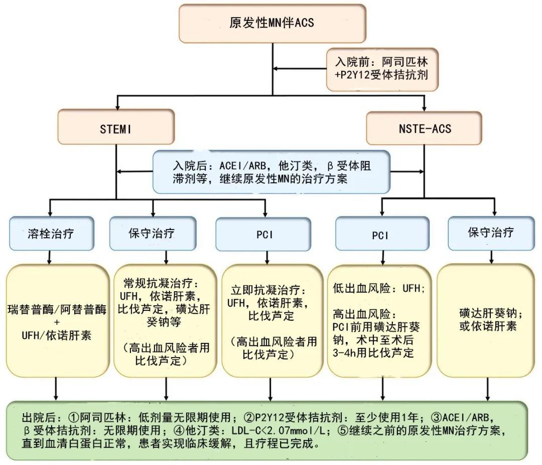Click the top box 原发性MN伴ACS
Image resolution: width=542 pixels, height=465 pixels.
tap(272, 23)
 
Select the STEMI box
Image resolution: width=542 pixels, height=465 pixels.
tap(116, 128)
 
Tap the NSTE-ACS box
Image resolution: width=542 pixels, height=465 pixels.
tap(424, 128)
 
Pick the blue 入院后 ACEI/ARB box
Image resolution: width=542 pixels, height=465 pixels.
tap(272, 172)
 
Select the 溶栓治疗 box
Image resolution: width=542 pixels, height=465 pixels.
tap(52, 234)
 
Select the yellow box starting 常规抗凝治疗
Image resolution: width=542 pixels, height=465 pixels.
tap(166, 321)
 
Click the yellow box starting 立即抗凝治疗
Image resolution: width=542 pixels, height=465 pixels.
tap(272, 321)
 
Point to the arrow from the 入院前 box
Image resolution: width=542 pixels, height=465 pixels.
tap(301, 69)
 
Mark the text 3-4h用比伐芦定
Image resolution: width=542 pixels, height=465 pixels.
tap(373, 353)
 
